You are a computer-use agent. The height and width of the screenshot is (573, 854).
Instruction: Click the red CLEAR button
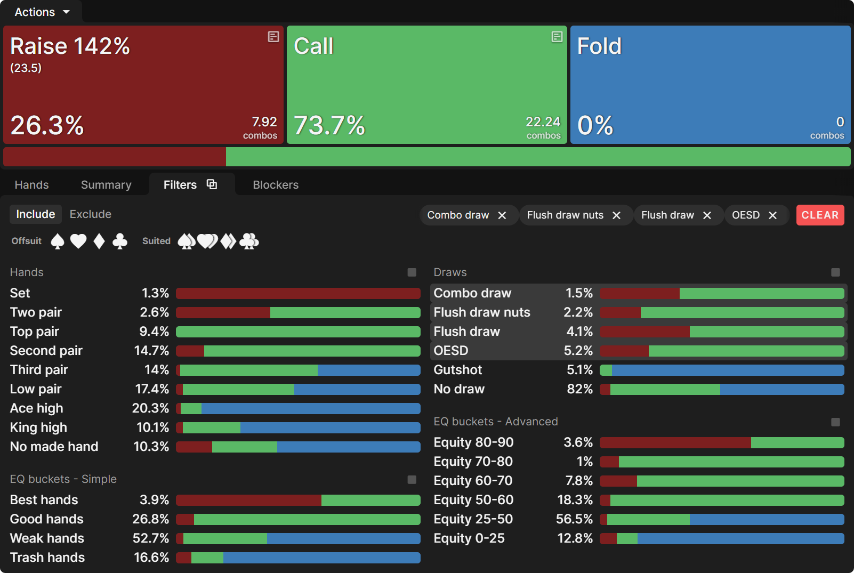[820, 215]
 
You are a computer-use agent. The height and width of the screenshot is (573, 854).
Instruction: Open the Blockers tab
[275, 184]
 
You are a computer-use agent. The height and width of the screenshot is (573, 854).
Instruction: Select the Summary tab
[106, 184]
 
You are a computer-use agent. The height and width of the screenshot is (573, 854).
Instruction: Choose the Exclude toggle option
[90, 214]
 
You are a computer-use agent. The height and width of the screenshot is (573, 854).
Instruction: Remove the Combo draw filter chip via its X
[502, 215]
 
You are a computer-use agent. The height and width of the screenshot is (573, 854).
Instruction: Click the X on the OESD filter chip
[772, 215]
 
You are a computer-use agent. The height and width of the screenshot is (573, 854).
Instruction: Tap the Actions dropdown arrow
[66, 12]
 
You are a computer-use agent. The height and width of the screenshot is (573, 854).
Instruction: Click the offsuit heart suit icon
[78, 241]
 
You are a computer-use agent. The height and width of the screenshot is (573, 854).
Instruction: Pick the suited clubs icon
[249, 241]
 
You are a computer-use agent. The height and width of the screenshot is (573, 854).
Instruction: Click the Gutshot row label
[457, 370]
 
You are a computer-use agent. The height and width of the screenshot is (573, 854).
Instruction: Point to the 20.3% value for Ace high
[150, 408]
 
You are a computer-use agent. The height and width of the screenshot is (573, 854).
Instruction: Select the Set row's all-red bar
[297, 293]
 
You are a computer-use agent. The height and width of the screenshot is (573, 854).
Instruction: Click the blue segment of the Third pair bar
[368, 370]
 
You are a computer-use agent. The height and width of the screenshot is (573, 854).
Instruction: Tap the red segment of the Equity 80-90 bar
[675, 442]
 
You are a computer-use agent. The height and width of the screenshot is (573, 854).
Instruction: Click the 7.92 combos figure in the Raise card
[264, 122]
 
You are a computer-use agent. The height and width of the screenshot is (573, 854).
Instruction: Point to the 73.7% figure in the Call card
[329, 126]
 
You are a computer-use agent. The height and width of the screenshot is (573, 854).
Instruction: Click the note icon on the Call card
[557, 37]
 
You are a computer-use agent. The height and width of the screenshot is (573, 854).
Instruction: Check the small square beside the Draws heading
[835, 272]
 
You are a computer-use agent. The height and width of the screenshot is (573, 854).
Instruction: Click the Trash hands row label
[47, 558]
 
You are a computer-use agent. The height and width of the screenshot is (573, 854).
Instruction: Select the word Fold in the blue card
[599, 46]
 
